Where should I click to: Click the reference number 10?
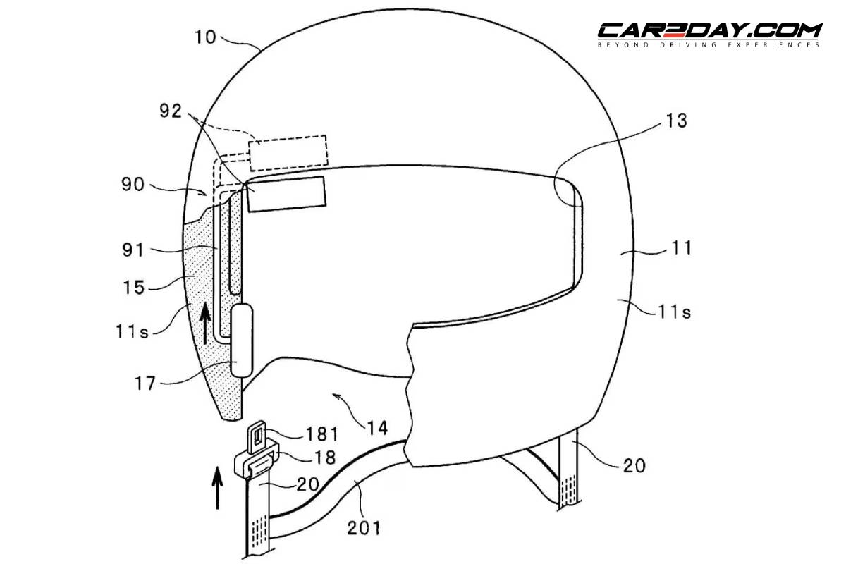coord(205,37)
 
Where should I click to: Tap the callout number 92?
coord(171,111)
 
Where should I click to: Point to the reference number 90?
coord(133,184)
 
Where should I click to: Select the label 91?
coord(133,250)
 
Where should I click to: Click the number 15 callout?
coord(134,288)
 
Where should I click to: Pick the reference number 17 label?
coord(145,384)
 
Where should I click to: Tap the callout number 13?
coord(676,121)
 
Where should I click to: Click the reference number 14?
coord(377,428)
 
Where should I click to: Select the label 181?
coord(322,434)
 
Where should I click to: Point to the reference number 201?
coord(364,528)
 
